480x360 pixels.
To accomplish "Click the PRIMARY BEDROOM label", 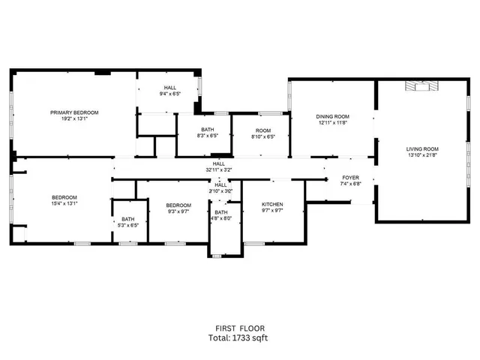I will [x=74, y=112].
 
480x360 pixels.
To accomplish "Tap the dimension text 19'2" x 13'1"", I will [x=74, y=118].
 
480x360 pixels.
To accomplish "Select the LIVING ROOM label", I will [x=422, y=148].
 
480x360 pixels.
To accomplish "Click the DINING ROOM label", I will [x=332, y=116].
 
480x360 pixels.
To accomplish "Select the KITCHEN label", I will [x=272, y=205].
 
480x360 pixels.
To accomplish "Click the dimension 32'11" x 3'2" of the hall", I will [x=219, y=169].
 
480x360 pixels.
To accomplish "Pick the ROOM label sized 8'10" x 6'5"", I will [x=263, y=131].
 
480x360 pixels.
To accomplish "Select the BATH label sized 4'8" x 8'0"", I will [x=220, y=212].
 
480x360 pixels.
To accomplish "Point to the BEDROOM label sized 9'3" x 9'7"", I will [x=178, y=205].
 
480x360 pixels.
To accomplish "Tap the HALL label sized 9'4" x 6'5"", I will [x=171, y=88].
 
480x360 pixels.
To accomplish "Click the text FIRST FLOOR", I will [x=238, y=328].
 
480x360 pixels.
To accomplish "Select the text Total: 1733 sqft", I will [x=238, y=337].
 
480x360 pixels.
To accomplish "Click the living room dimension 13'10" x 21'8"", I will [x=422, y=155].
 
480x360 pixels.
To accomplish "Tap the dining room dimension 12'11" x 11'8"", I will [x=332, y=123].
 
